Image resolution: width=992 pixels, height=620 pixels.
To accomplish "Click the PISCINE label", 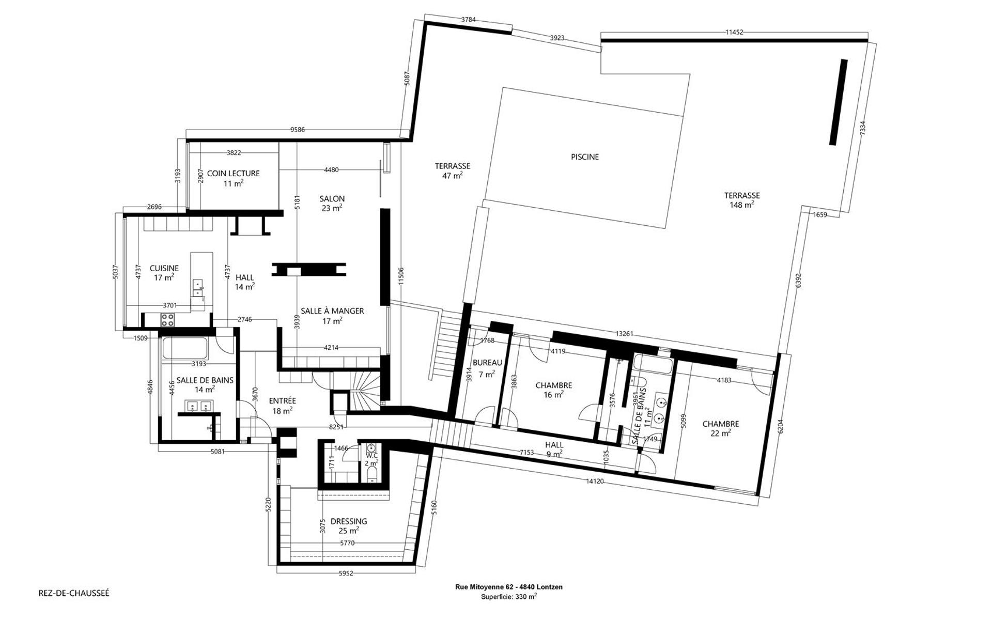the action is tap(584, 157).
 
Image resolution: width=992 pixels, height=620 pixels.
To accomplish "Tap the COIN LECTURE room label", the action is tap(233, 174).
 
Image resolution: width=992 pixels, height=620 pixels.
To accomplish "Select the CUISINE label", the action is tap(164, 268).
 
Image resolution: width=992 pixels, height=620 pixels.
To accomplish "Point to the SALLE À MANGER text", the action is tap(332, 311).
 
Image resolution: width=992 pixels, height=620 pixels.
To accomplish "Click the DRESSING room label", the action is tap(349, 521).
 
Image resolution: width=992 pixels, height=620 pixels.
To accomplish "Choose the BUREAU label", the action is tap(487, 363).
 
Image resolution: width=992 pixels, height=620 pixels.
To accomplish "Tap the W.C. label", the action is tap(371, 455).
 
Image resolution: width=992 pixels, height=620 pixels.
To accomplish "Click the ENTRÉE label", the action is tap(282, 401).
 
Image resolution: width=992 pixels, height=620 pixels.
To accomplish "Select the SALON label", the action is tap(332, 199).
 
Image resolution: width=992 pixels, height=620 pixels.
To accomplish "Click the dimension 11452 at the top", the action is tap(734, 32).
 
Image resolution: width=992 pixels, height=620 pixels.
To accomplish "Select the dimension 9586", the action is tap(298, 130).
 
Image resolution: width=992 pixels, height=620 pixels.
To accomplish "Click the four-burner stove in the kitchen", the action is tap(167, 319).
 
